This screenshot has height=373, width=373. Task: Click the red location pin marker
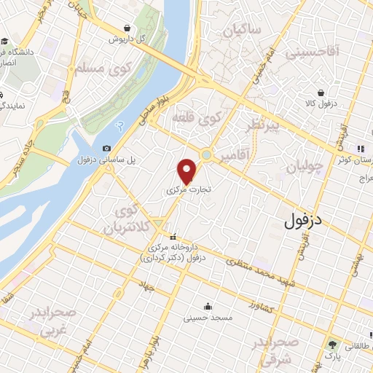(187, 171)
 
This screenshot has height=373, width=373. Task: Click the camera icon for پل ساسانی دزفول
(107, 148)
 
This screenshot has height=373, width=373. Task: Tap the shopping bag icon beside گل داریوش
(127, 28)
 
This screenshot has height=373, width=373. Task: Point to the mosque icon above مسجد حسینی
(208, 306)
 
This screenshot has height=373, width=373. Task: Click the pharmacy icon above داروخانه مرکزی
(173, 236)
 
